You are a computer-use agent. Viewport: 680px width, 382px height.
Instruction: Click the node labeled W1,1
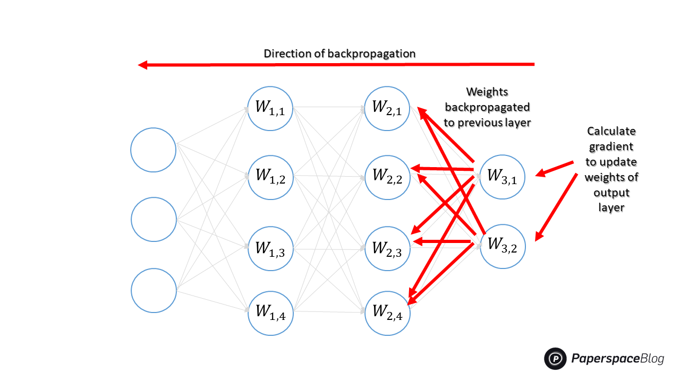[x=270, y=108]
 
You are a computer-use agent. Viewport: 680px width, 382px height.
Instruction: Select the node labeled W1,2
[x=270, y=177]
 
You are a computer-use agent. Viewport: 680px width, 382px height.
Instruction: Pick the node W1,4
[x=270, y=313]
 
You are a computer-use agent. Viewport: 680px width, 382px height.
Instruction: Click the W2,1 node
[x=387, y=108]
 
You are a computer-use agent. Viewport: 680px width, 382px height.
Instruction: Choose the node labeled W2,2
[x=387, y=177]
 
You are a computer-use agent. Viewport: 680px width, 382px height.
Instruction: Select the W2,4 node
[x=387, y=313]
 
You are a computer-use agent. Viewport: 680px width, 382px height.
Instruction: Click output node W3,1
[x=502, y=177]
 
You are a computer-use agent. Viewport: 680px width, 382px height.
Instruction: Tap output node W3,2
[x=502, y=245]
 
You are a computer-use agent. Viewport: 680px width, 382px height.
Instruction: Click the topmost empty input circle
[x=154, y=150]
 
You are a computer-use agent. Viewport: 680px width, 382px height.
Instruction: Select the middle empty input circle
[x=154, y=219]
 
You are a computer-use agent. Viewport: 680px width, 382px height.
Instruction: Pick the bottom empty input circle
[x=154, y=290]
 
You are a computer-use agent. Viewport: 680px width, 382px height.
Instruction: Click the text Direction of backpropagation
[x=339, y=54]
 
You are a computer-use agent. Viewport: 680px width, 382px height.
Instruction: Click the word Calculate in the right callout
[x=611, y=131]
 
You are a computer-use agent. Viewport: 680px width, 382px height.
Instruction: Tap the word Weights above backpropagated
[x=487, y=92]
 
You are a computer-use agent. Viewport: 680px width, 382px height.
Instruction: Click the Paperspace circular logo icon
[x=556, y=359]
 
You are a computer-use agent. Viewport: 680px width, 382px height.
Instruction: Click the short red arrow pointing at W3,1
[x=554, y=168]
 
